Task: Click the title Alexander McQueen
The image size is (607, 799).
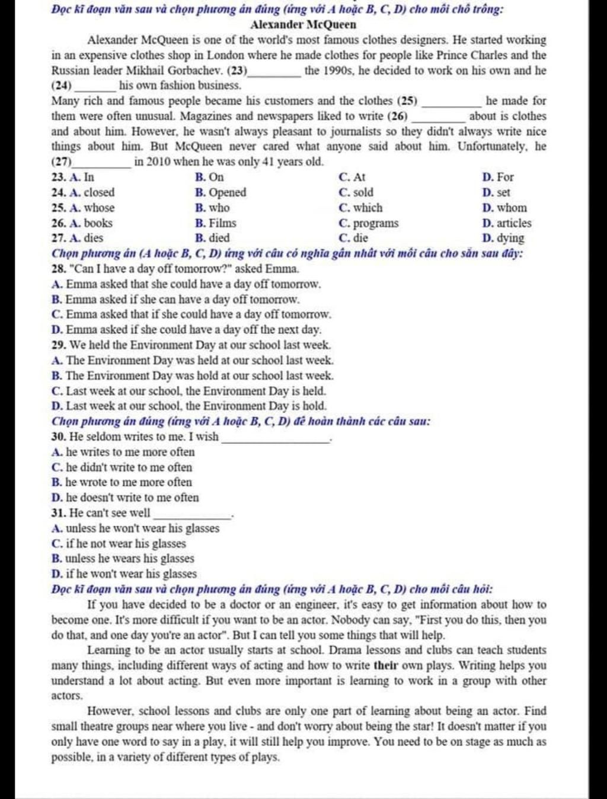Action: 303,25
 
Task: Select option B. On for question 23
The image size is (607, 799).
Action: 209,177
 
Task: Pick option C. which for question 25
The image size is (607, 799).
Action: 361,208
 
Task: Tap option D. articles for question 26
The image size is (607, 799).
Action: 507,223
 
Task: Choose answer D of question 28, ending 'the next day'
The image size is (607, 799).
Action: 187,329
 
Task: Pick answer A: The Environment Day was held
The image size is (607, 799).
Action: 193,360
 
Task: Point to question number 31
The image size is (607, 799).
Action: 58,512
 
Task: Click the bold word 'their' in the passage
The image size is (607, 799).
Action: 385,666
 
